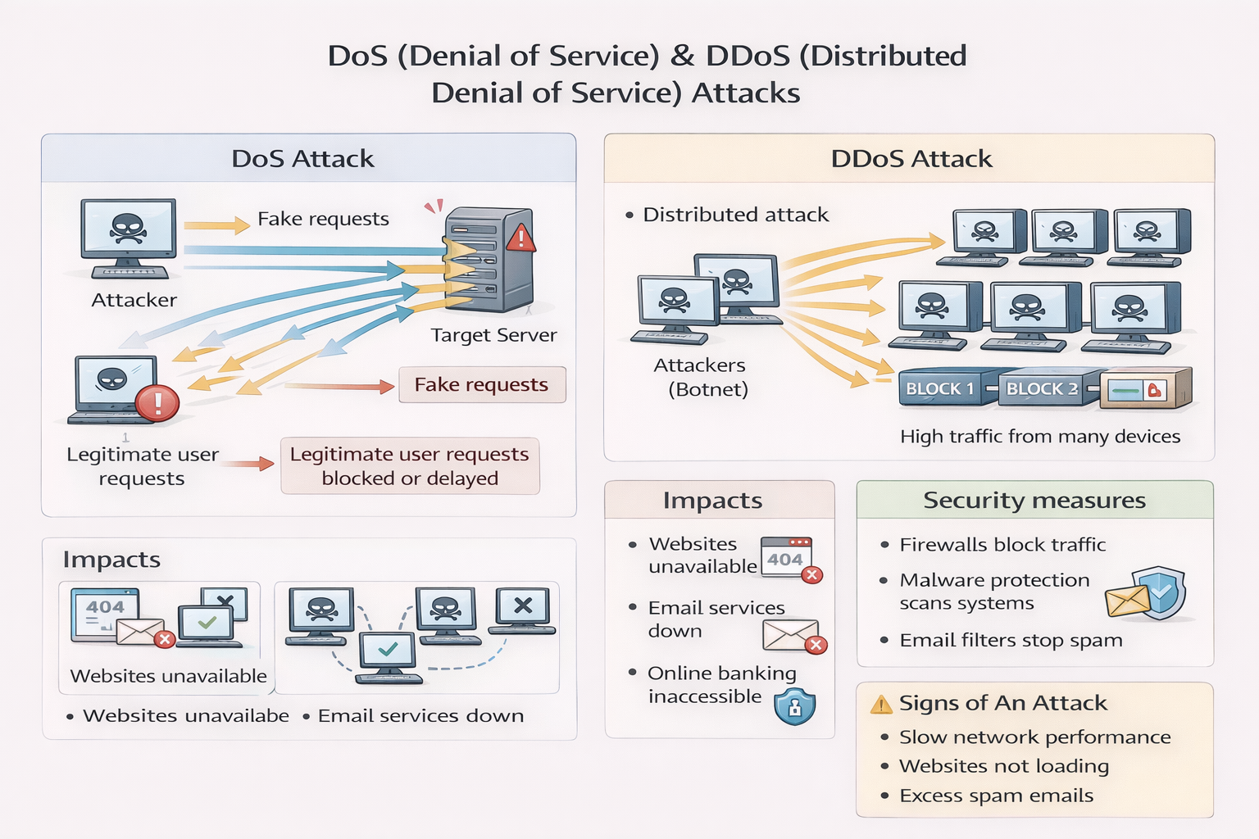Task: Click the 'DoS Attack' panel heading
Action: [x=302, y=158]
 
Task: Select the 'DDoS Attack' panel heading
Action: [x=911, y=158]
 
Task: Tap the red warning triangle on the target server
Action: [x=520, y=238]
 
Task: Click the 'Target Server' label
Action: [x=493, y=335]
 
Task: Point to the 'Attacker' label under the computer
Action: [x=134, y=300]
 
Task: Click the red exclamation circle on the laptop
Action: [x=157, y=403]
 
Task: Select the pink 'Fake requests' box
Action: [x=482, y=385]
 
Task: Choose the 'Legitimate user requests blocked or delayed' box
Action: [x=410, y=466]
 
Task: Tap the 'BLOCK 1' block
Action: [x=940, y=389]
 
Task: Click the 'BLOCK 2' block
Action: [x=1042, y=389]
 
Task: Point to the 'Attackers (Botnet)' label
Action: [x=700, y=377]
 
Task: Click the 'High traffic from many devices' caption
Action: [x=1039, y=437]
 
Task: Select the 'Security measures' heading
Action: [x=1034, y=501]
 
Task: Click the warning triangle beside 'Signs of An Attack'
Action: [x=880, y=705]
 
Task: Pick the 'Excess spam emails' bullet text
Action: [x=996, y=796]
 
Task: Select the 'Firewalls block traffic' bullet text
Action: [x=1002, y=545]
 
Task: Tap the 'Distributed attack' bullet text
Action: [x=735, y=215]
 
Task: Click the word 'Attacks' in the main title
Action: [x=745, y=93]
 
